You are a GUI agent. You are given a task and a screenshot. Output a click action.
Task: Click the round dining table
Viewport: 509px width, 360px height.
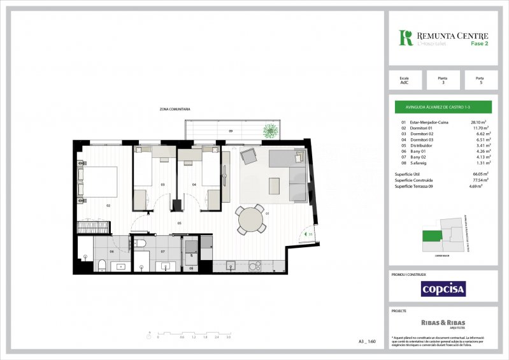[250, 220]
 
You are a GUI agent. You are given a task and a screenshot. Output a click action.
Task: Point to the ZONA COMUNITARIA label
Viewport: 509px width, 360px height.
[175, 110]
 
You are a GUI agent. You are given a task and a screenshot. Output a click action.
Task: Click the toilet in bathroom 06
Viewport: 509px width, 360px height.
[101, 266]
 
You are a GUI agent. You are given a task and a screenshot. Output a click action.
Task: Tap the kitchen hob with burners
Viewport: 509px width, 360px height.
[259, 264]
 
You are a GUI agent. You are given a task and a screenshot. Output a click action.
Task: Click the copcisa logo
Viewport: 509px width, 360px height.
[443, 289]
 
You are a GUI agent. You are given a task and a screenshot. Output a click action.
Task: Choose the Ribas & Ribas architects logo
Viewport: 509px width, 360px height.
[443, 323]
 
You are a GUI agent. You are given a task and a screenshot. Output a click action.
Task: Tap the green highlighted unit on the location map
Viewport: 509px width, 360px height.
[432, 236]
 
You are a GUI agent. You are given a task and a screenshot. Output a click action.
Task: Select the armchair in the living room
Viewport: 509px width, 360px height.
[248, 155]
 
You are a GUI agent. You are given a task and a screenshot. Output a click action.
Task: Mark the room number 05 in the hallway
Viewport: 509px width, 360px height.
[180, 223]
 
